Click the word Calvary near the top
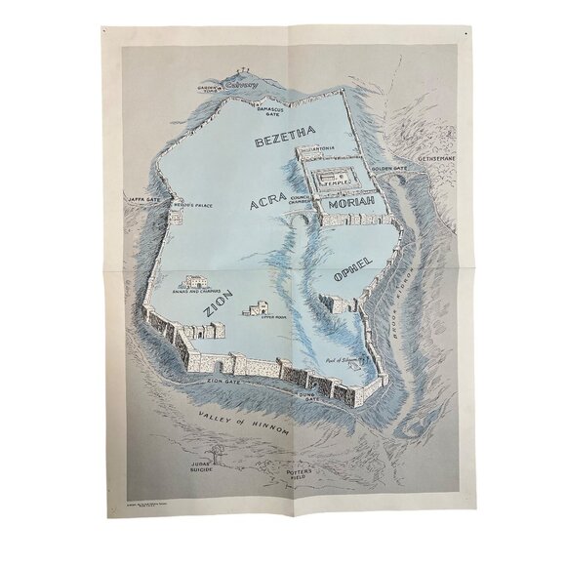click(x=242, y=86)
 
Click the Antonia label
click(x=323, y=149)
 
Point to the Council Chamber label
click(x=310, y=198)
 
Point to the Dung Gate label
click(x=315, y=398)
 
